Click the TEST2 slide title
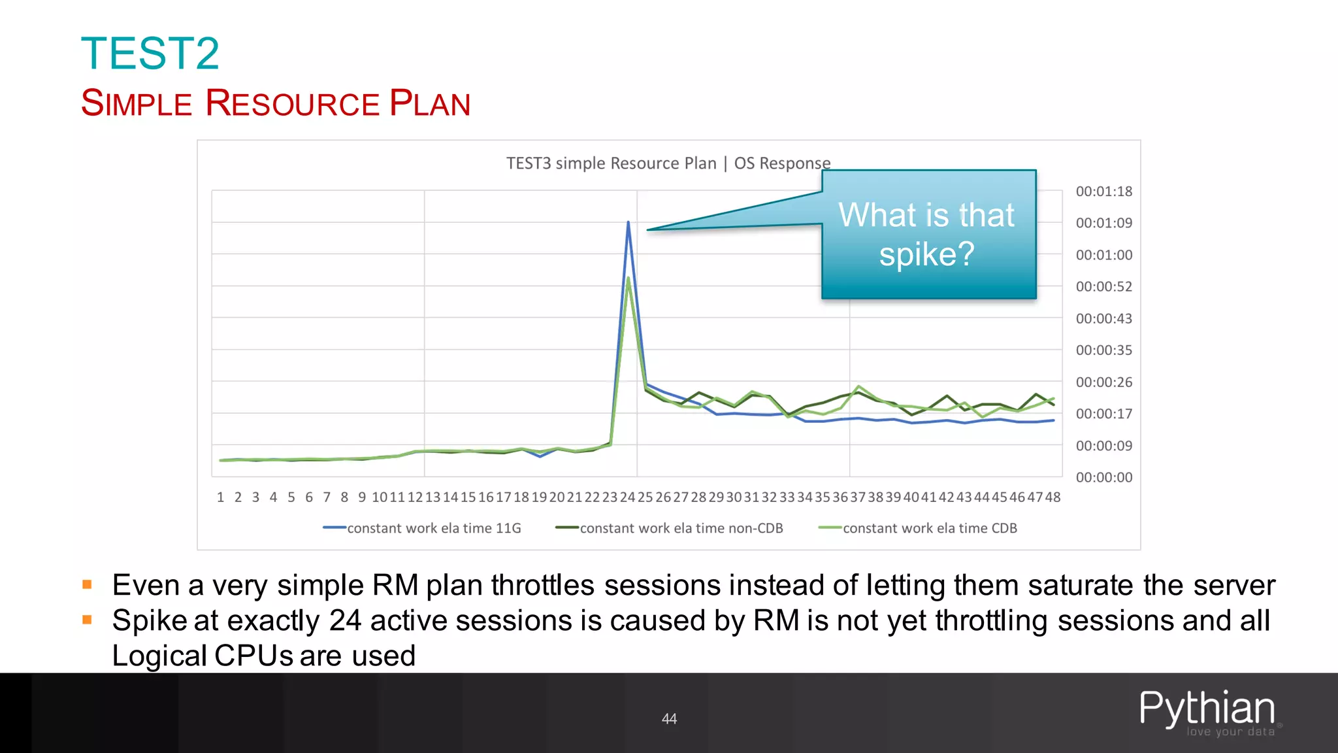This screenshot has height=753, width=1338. (150, 54)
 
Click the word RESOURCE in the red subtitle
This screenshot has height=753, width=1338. (292, 103)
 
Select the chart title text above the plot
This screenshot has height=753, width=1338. (668, 163)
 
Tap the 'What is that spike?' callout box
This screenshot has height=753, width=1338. (928, 234)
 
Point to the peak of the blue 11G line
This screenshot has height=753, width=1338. (628, 222)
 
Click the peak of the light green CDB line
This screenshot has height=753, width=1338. (628, 278)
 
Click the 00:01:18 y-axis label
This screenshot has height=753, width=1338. (1103, 192)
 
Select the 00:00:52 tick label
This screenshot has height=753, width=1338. (1103, 287)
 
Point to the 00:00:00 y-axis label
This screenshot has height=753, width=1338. (1103, 478)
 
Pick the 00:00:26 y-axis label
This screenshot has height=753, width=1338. (1103, 382)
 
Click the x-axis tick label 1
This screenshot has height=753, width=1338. (221, 497)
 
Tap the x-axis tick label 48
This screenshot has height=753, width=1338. (1052, 497)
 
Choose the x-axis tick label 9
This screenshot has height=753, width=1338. (362, 497)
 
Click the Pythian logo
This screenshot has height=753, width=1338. (1207, 711)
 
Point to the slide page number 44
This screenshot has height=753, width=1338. (669, 719)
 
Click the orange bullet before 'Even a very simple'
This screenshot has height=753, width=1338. (87, 584)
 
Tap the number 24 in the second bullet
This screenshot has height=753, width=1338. (345, 620)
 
